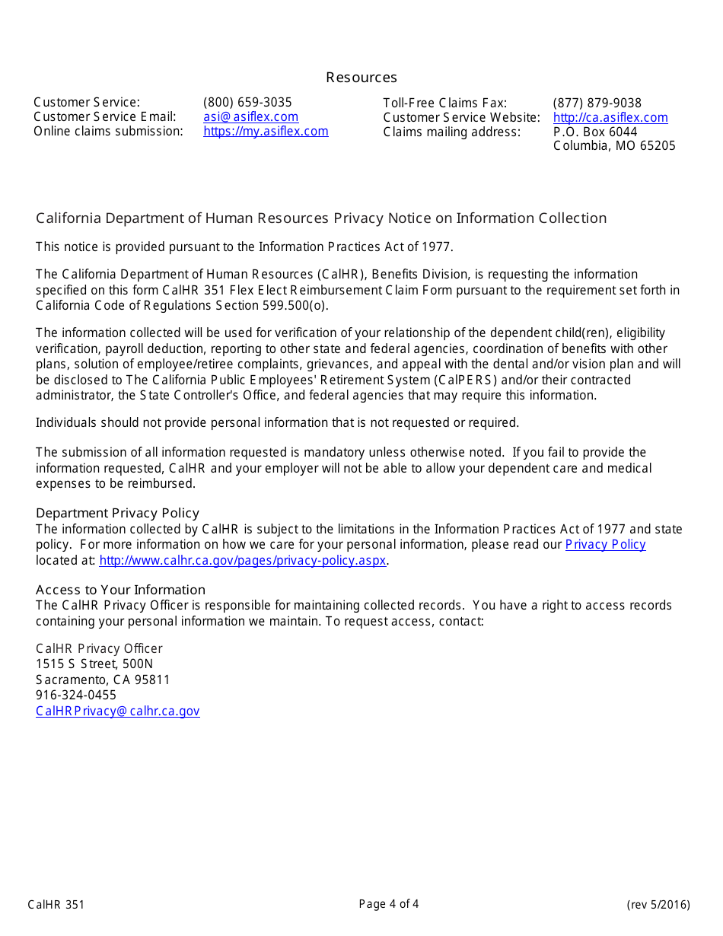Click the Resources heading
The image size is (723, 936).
coord(361,78)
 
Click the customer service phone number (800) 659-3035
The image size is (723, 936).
coord(247,103)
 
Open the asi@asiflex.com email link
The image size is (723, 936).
coord(250,117)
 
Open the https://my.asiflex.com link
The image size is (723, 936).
coord(266,132)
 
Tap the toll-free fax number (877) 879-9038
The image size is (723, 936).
coord(597,103)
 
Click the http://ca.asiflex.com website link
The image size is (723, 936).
coord(610,118)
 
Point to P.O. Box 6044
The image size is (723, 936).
coord(595,132)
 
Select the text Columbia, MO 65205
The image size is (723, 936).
coord(613,146)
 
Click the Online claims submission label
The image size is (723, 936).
coord(108,132)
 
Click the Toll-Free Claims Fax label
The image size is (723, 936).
coord(444,103)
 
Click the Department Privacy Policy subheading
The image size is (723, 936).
coord(117,513)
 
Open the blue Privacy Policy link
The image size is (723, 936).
coord(605,545)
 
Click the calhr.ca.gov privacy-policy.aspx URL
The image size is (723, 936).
coord(243,561)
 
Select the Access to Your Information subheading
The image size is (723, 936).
coord(120,590)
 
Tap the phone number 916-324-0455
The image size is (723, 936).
coord(76,696)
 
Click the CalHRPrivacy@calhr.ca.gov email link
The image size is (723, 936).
coord(117,712)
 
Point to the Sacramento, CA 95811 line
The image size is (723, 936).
coord(103,680)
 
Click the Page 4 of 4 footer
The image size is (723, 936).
coord(389,904)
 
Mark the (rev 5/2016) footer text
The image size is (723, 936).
coord(658,905)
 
